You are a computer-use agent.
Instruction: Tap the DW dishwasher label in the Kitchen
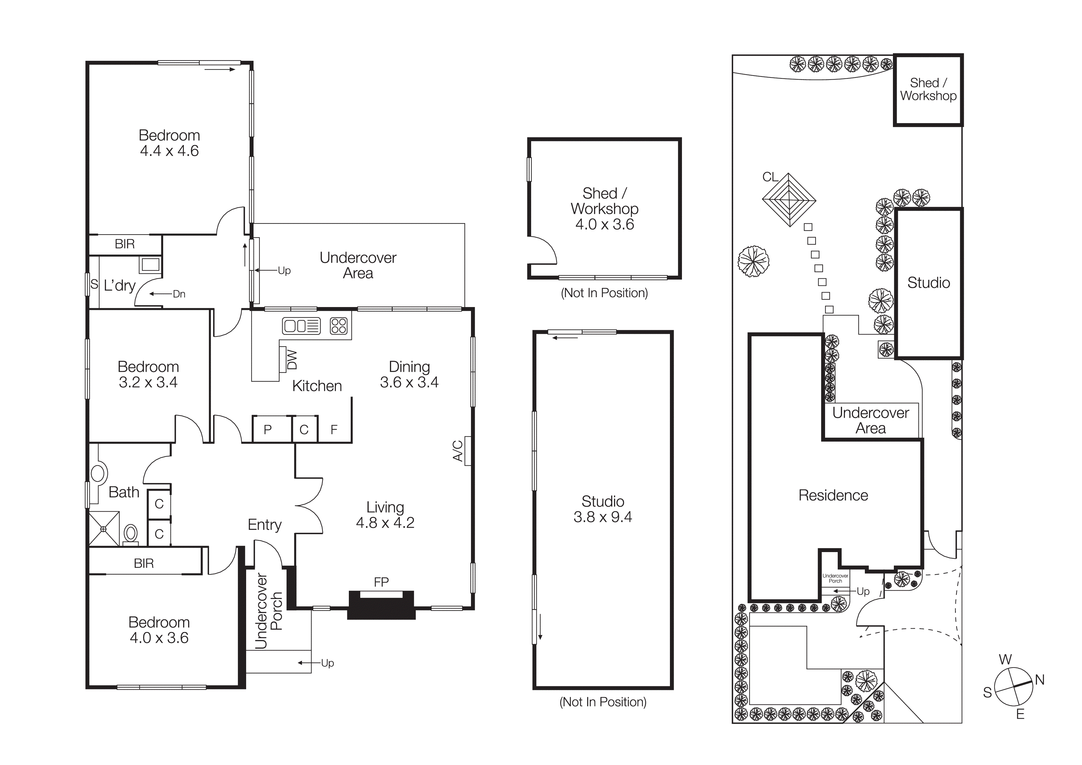(292, 359)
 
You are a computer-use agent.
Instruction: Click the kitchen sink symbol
(301, 326)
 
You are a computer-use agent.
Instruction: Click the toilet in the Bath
(130, 534)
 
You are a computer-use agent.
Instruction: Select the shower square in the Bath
(104, 529)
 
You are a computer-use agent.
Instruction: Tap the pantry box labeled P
(268, 429)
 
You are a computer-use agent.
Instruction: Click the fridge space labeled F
(334, 429)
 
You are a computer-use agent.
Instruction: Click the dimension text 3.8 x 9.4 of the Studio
(602, 517)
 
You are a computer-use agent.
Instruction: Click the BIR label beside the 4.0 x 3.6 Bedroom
(144, 563)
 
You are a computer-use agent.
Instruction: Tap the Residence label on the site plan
(833, 495)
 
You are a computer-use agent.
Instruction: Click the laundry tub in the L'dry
(150, 264)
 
